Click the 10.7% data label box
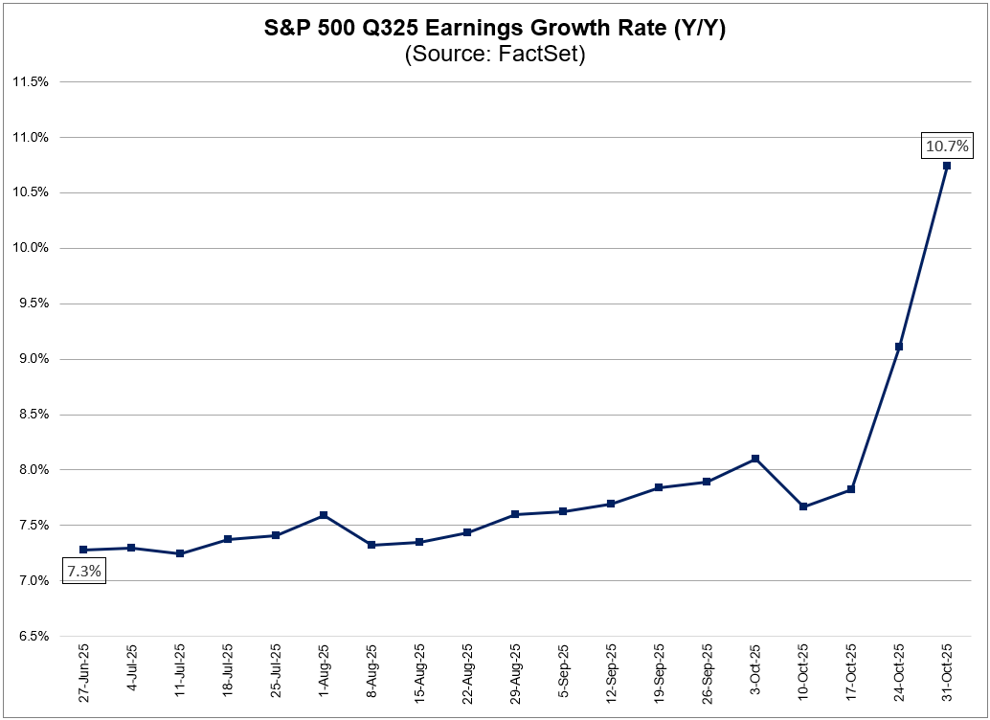pyautogui.click(x=947, y=146)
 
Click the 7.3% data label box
pyautogui.click(x=84, y=572)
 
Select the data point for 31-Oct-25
pyautogui.click(x=947, y=166)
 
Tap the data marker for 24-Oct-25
pyautogui.click(x=898, y=347)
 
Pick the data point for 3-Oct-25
pyautogui.click(x=755, y=459)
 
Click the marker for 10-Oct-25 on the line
pyautogui.click(x=803, y=506)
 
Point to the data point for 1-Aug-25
pyautogui.click(x=324, y=515)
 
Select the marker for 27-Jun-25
pyautogui.click(x=84, y=550)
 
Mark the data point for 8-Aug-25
pyautogui.click(x=371, y=545)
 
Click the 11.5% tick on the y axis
pyautogui.click(x=30, y=81)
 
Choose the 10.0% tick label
pyautogui.click(x=30, y=248)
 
